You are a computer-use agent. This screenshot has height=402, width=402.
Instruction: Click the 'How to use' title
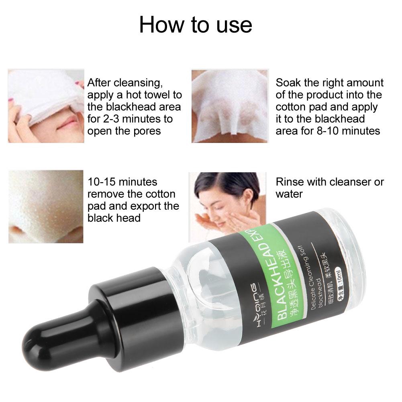196,24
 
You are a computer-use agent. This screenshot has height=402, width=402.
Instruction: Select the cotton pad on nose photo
230,106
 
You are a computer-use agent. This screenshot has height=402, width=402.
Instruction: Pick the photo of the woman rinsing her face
227,203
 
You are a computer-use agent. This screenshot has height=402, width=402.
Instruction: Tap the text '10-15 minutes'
122,182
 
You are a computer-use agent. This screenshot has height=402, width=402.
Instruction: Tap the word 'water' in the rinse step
289,194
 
